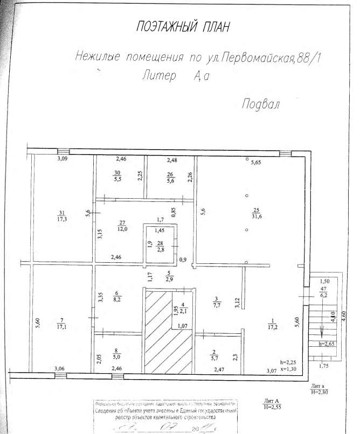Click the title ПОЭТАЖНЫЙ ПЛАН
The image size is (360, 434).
pyautogui.click(x=184, y=26)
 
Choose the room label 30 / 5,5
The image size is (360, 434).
pyautogui.click(x=117, y=176)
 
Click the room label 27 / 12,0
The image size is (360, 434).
pyautogui.click(x=122, y=226)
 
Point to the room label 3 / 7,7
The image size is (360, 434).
pyautogui.click(x=216, y=303)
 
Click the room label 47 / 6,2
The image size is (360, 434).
pyautogui.click(x=323, y=291)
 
